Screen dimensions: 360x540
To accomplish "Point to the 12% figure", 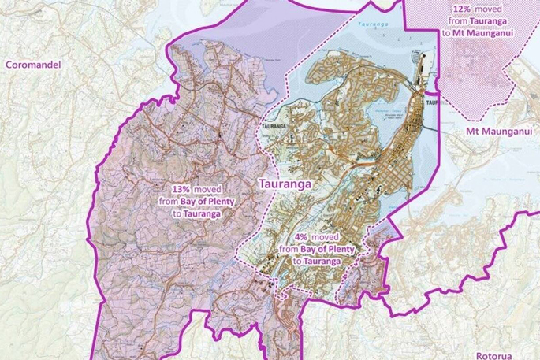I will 464,9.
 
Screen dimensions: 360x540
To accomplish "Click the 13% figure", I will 181,189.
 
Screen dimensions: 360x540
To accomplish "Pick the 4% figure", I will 302,236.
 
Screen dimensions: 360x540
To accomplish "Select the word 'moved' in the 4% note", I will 326,236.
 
